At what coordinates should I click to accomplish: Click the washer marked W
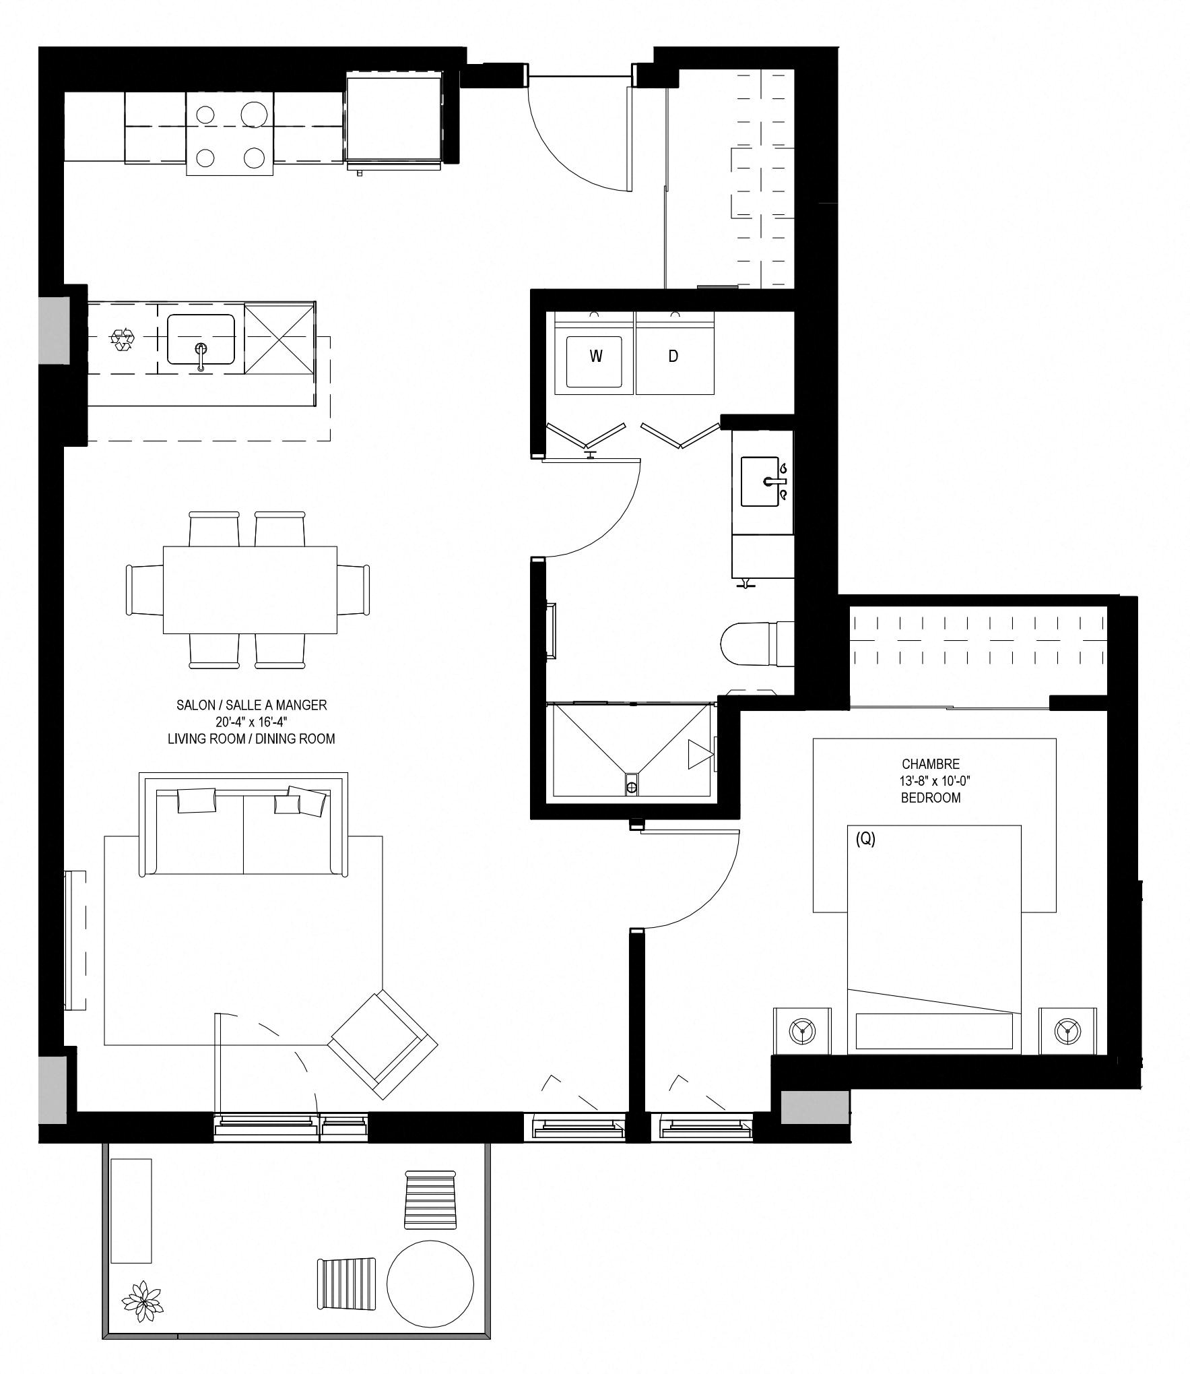594,353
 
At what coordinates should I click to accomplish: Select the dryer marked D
674,353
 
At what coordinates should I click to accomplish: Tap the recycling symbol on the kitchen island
122,339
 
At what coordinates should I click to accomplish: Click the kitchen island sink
201,340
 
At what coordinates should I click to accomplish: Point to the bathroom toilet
757,644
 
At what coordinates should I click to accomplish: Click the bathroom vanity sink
764,481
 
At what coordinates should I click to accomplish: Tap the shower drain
631,785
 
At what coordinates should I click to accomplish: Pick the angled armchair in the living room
383,1046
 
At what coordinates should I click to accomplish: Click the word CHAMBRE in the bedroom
931,764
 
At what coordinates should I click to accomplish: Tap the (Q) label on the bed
865,839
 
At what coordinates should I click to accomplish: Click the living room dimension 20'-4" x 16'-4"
251,722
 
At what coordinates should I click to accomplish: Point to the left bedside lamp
801,1030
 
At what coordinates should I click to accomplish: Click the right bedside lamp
1067,1030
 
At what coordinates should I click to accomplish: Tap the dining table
250,590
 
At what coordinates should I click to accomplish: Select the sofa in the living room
243,825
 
